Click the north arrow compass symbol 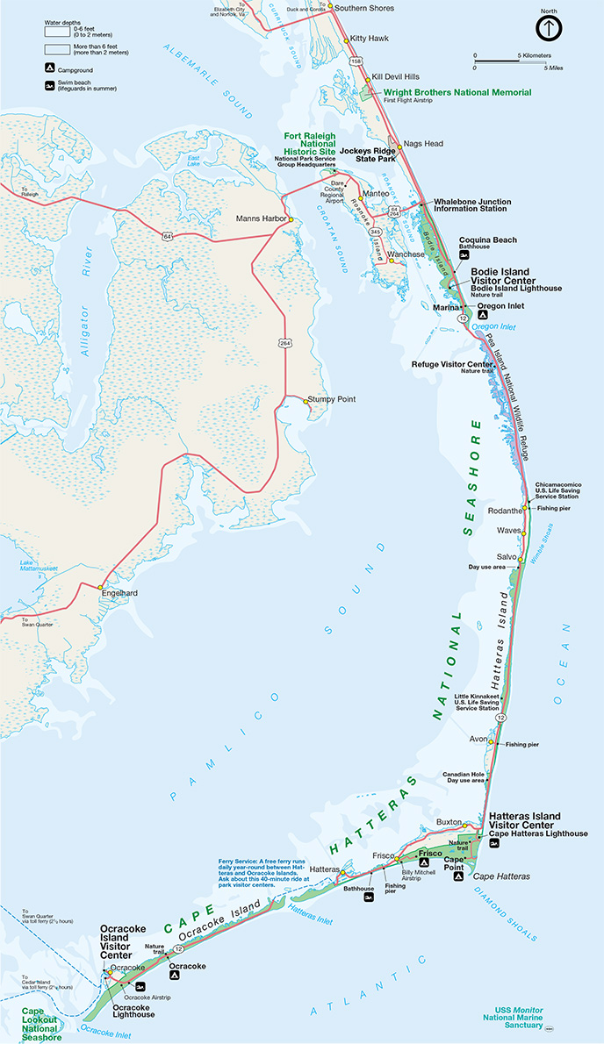[548, 29]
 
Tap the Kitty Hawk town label [370, 39]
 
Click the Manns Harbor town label [261, 218]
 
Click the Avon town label [478, 739]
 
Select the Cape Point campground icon [457, 876]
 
